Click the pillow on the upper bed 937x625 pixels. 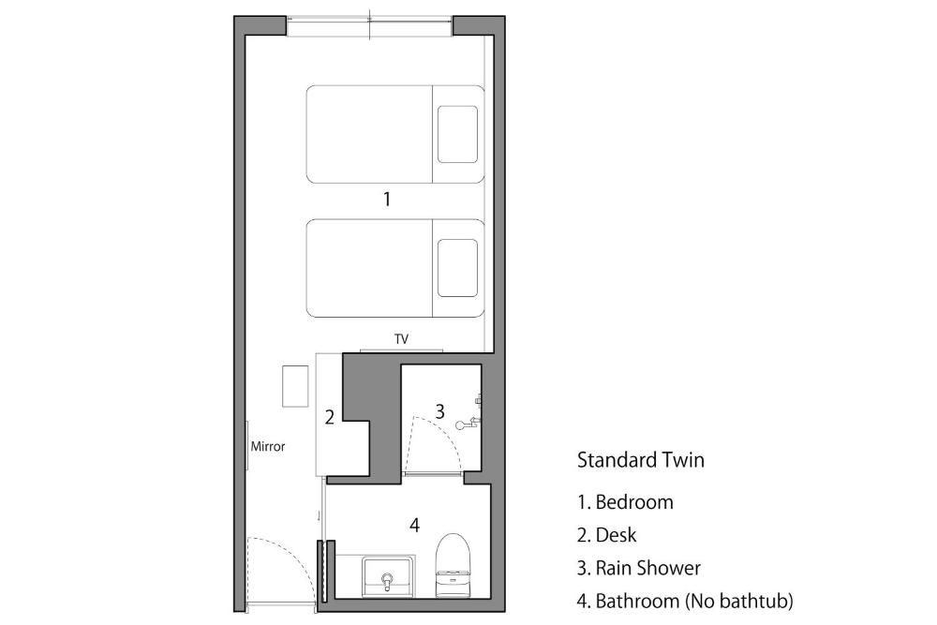point(457,134)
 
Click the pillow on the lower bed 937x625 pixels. point(457,268)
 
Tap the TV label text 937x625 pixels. point(402,339)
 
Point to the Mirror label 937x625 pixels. point(268,446)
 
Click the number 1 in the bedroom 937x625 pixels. point(387,199)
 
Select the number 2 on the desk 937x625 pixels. point(329,417)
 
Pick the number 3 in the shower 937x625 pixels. point(439,411)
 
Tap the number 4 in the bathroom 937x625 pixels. point(415,526)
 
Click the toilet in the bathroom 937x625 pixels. point(453,565)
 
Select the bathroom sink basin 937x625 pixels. point(388,576)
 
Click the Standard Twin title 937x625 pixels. point(641,460)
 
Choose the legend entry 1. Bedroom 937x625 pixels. point(625,502)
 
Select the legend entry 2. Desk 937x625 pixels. point(606,535)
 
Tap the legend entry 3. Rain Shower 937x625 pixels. point(639,568)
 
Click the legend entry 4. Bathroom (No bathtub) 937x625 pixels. point(686,601)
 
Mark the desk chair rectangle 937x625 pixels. point(295,387)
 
